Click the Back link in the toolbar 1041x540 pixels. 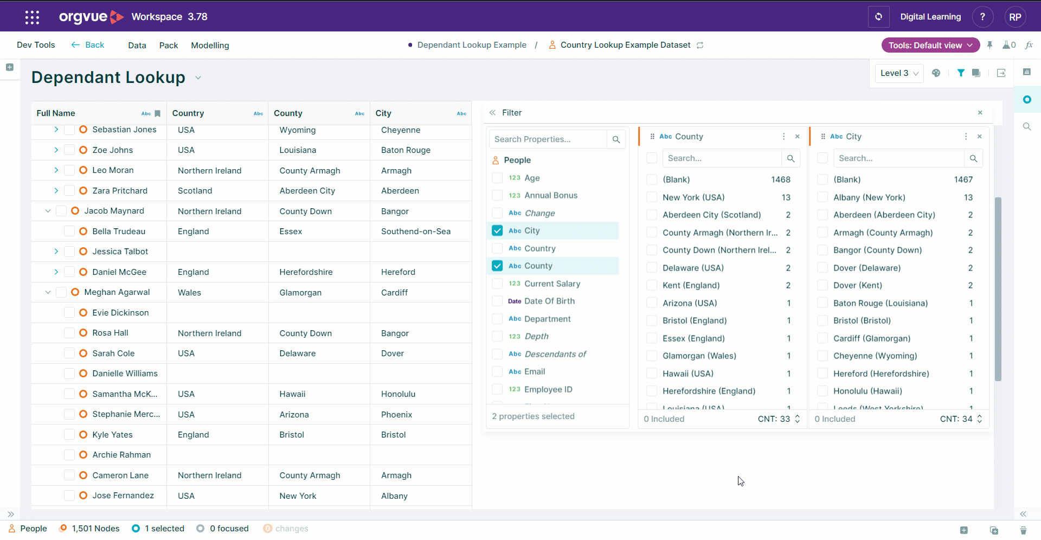tap(88, 45)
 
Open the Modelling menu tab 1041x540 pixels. tap(210, 46)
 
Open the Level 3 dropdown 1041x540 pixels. tap(899, 73)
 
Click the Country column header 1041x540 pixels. tap(188, 113)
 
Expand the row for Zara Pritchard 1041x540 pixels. tap(56, 191)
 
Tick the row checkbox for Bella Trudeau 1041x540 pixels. tap(69, 232)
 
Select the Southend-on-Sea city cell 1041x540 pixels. tap(416, 232)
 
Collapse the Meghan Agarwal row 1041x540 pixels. tap(48, 292)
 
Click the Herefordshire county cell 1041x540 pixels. tap(306, 272)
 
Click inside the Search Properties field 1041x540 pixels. tap(548, 139)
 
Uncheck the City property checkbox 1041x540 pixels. tap(497, 230)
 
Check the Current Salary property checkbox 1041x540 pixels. tap(497, 284)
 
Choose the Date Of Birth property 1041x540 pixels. tap(549, 301)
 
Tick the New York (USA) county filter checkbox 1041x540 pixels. tap(652, 197)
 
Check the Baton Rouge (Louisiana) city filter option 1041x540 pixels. tap(822, 303)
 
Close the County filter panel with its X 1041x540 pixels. tap(797, 137)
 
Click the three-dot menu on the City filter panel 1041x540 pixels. tap(966, 137)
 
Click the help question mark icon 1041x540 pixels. tap(982, 17)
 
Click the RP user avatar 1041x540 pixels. tap(1015, 17)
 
